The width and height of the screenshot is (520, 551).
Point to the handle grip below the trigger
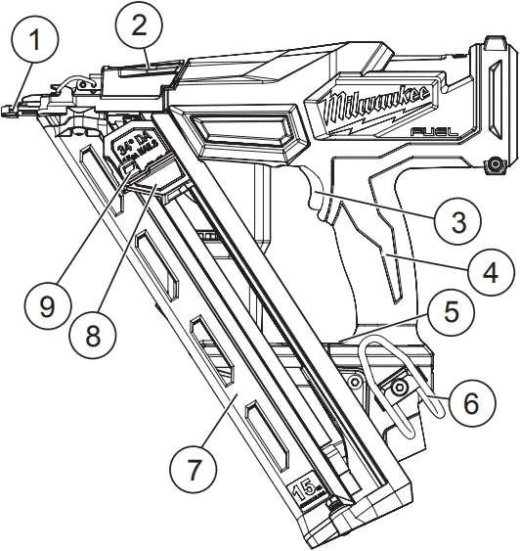pyautogui.click(x=371, y=264)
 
